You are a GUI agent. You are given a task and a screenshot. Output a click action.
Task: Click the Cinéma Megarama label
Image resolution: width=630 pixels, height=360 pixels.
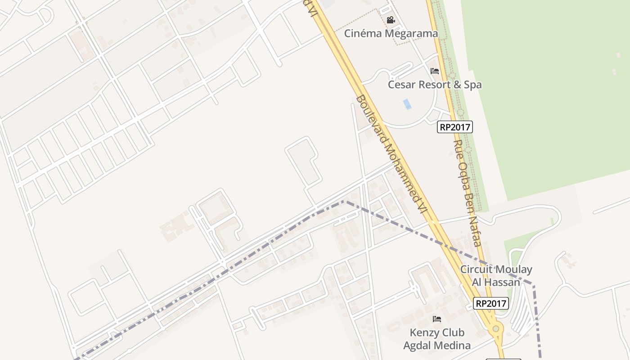tap(391, 33)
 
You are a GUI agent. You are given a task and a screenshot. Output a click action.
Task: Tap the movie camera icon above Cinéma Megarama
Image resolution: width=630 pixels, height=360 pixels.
tap(391, 20)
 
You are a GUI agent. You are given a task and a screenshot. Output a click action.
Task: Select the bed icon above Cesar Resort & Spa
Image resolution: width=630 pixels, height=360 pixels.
tap(435, 71)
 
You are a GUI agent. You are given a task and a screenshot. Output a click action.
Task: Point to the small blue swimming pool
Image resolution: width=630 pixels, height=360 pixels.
tap(407, 104)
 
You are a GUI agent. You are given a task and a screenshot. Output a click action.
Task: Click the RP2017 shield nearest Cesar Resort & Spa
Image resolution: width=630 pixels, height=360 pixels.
tap(454, 127)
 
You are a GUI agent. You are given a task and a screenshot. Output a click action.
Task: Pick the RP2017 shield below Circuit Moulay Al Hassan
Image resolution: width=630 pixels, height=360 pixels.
tap(491, 303)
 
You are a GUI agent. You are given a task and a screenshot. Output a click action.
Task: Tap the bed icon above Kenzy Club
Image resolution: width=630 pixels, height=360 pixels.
tap(436, 319)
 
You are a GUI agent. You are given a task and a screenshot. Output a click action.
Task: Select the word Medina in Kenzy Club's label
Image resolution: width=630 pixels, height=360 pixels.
tap(454, 346)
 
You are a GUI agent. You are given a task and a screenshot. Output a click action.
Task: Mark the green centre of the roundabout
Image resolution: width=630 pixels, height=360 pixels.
tap(496, 329)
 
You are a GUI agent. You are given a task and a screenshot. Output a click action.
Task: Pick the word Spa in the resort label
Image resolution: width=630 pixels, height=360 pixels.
tap(473, 85)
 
